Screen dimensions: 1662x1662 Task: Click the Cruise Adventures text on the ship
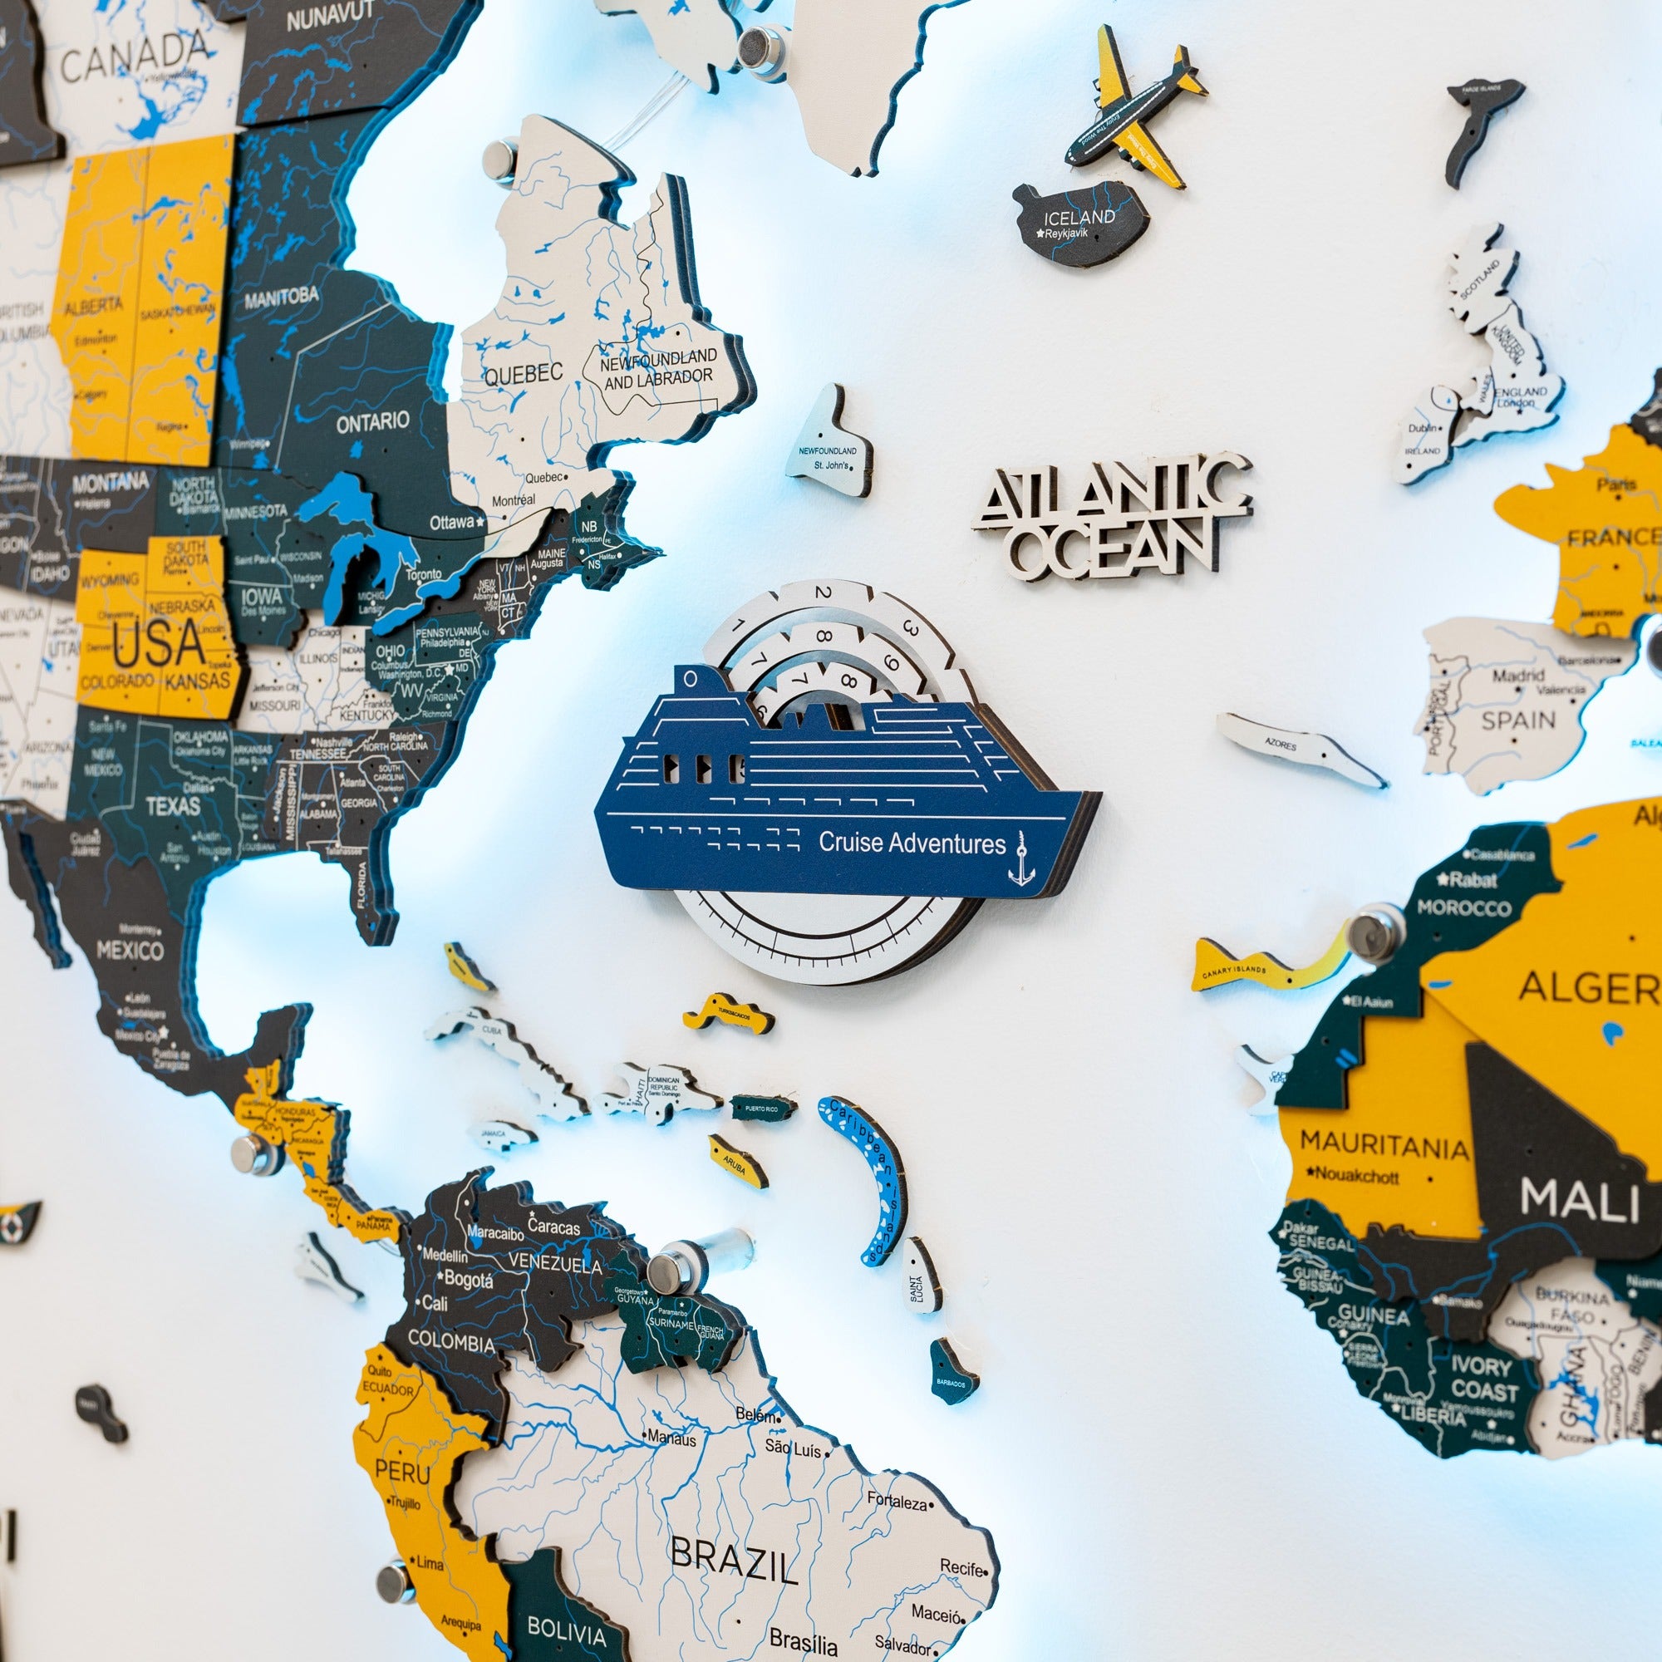(912, 842)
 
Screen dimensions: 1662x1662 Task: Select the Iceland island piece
(1079, 224)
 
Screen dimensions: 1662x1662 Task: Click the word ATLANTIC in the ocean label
(1114, 494)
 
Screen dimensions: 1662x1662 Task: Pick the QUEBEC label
(523, 374)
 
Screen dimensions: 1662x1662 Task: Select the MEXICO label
(130, 951)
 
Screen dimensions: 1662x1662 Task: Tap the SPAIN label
(1518, 720)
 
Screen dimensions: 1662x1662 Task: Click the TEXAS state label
(173, 806)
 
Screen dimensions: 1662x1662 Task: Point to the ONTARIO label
(372, 421)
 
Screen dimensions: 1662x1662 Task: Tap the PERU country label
(402, 1472)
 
